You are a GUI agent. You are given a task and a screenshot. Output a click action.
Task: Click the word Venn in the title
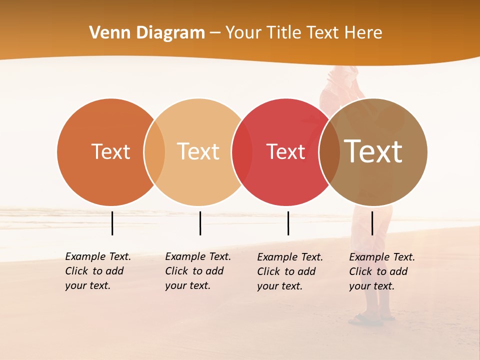107,33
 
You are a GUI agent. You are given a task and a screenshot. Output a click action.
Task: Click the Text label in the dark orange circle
110,152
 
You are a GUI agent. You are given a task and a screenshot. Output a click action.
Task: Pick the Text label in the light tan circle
198,152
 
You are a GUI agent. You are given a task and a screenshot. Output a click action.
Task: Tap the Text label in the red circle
285,152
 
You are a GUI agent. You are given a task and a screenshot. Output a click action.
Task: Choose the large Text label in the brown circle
373,152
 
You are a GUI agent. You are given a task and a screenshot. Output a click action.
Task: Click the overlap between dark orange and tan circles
154,152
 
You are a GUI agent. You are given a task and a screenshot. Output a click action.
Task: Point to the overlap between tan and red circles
242,152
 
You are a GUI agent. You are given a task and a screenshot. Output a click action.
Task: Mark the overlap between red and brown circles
329,152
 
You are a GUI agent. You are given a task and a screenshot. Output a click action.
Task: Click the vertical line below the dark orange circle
112,223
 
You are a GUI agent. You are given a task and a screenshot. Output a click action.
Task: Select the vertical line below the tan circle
200,223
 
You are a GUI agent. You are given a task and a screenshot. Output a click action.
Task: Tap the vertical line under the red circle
288,223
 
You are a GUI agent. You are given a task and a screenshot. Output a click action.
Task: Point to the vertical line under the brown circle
372,223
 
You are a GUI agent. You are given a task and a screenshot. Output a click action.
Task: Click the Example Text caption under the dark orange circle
97,271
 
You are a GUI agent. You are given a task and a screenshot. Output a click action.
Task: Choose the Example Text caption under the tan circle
197,271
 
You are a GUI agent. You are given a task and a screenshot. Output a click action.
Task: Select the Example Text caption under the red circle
289,271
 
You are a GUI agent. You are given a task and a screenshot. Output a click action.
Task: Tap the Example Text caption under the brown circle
381,271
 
